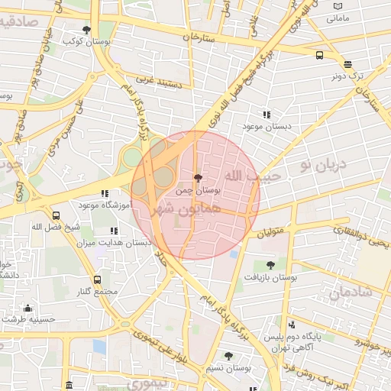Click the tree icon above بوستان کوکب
click(x=86, y=30)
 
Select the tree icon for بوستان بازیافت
click(x=270, y=265)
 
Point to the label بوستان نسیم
click(x=229, y=367)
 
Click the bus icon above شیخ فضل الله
click(x=56, y=216)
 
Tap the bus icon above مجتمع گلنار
click(x=97, y=280)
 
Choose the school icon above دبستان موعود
click(x=266, y=115)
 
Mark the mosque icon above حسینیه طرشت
click(x=28, y=308)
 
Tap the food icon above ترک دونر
click(x=348, y=65)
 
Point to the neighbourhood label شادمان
click(x=350, y=291)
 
